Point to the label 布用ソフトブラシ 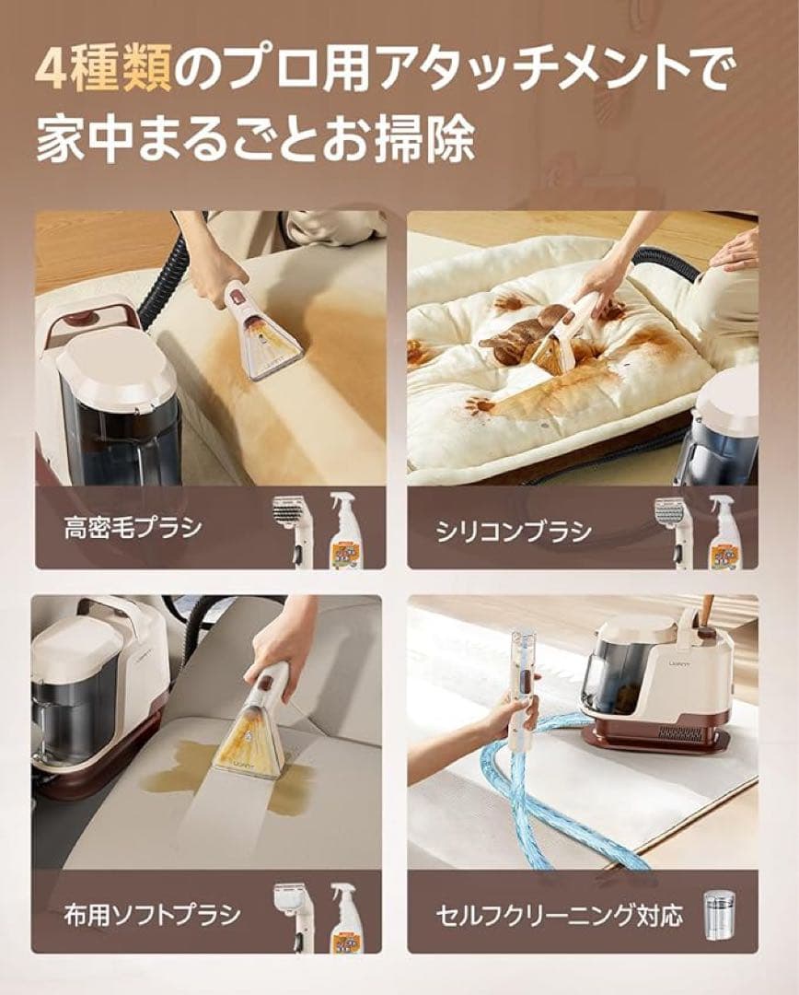coord(152,914)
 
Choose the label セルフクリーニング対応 coord(561,916)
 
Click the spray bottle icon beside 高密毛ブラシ coord(345,530)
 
